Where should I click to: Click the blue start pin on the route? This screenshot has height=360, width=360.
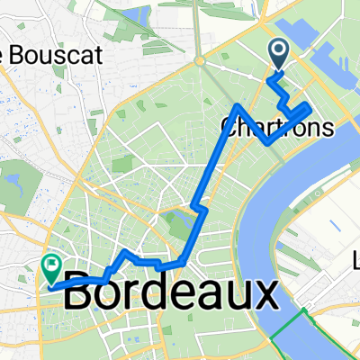[x=278, y=53]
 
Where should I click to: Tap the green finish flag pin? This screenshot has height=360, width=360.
[x=51, y=267]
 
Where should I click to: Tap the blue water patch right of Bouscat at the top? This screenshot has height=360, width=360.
[x=140, y=15]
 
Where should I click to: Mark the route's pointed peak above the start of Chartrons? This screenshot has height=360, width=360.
[x=237, y=106]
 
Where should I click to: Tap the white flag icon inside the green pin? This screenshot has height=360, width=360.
[x=51, y=265]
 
